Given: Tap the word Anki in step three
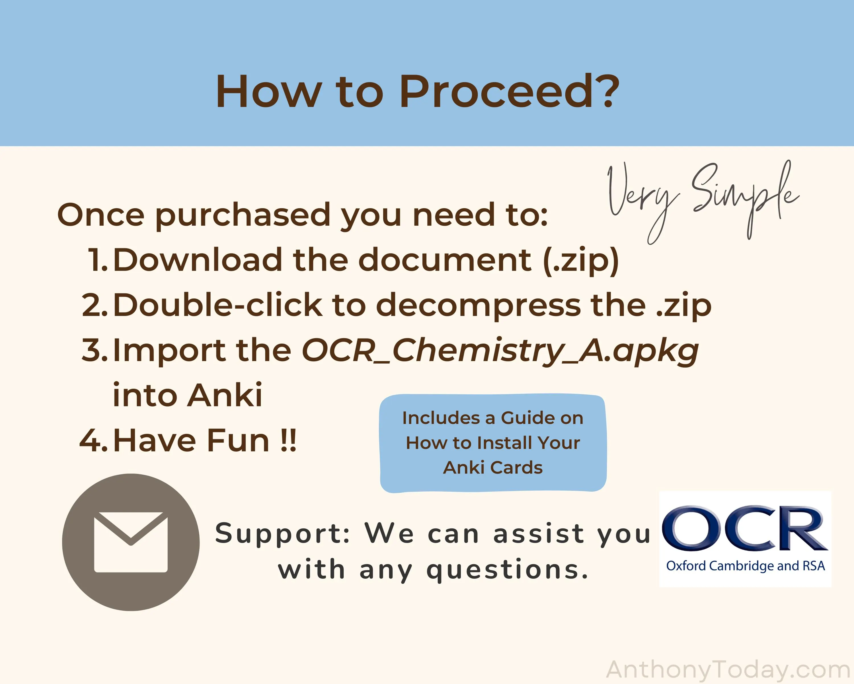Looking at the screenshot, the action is [225, 395].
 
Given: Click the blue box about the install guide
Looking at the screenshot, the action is [493, 443].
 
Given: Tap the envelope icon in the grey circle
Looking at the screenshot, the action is [131, 542].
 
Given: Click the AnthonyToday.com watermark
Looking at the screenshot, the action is [729, 670].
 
